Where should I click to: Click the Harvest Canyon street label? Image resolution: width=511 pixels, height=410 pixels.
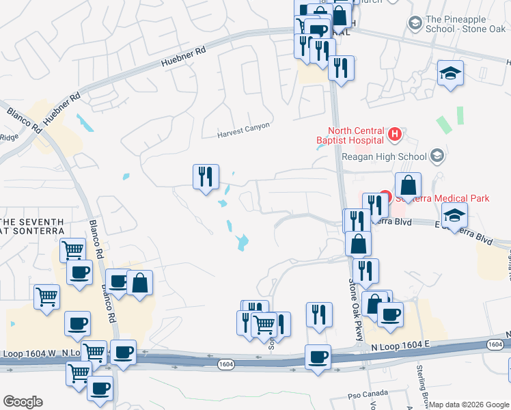[x=244, y=126]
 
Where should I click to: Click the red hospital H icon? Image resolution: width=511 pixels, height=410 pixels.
[x=394, y=135]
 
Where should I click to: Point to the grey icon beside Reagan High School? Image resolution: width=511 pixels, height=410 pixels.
[x=438, y=156]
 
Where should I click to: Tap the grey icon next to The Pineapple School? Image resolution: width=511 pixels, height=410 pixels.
[x=415, y=23]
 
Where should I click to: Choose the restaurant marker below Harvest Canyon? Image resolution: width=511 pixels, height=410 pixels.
[x=206, y=177]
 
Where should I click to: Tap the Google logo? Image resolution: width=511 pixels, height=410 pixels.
[x=23, y=402]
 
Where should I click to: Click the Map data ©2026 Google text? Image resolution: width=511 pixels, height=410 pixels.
[x=470, y=405]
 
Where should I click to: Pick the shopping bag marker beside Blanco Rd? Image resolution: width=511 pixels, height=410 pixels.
[x=139, y=284]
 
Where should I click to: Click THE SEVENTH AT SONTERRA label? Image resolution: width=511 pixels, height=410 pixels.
[x=32, y=227]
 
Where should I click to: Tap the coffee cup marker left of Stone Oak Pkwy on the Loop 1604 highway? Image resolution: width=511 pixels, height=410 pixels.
[x=318, y=357]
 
